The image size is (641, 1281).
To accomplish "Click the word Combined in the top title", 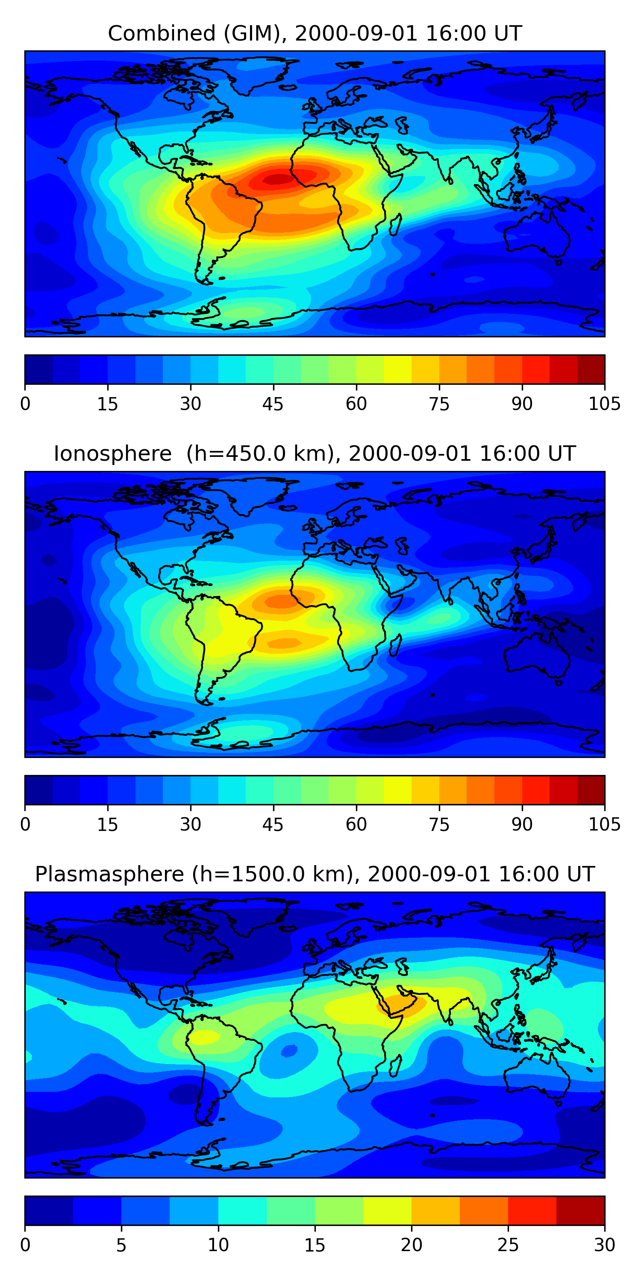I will [x=162, y=33].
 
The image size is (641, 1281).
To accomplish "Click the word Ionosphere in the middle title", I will [x=112, y=453].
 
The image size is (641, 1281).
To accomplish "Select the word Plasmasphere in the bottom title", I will [x=109, y=874].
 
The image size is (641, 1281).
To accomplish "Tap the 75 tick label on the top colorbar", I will [x=439, y=404].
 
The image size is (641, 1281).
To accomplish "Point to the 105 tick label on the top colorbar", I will [x=604, y=404].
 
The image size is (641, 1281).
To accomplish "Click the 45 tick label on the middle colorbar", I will [x=273, y=824].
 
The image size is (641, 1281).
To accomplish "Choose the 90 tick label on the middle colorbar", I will [x=521, y=824].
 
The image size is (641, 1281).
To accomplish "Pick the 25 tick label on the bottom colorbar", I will [x=508, y=1245].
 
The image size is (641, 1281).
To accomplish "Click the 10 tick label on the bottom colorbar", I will [x=218, y=1245].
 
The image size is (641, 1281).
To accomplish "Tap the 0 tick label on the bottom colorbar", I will [x=25, y=1245].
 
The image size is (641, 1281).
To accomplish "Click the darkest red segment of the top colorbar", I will [x=591, y=369].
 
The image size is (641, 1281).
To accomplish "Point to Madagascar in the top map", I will [x=396, y=224].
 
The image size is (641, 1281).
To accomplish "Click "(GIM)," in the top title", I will [x=254, y=33].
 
